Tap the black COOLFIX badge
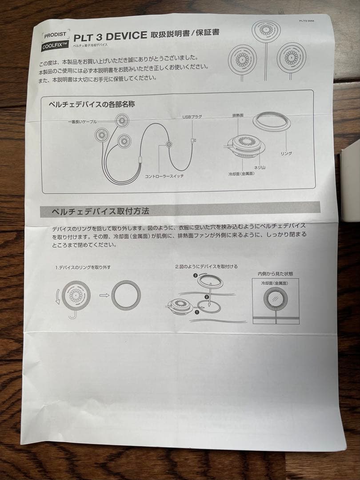(55, 46)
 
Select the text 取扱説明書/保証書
(184, 34)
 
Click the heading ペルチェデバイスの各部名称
(92, 105)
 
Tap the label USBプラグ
(192, 117)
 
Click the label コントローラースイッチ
(164, 176)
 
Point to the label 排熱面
(237, 115)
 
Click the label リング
(285, 153)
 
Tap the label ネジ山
(259, 167)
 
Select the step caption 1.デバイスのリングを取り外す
(83, 268)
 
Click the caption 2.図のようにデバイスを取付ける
(206, 267)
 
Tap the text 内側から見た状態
(275, 273)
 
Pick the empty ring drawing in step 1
(126, 295)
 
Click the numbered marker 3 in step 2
(196, 276)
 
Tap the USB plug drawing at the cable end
(192, 141)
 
